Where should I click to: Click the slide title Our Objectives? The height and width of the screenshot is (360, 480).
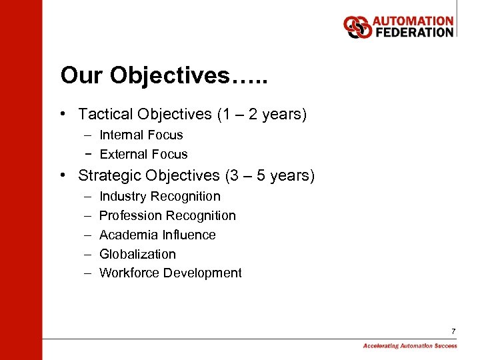point(164,76)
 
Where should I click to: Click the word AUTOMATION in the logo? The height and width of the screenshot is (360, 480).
point(413,22)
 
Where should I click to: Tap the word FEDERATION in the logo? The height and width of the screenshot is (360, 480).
point(413,33)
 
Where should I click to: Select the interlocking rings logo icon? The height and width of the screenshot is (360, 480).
point(358,27)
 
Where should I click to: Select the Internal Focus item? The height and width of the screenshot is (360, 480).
point(141,135)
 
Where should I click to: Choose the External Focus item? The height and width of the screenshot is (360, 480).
point(143,155)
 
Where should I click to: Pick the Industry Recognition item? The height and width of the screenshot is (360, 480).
point(159,197)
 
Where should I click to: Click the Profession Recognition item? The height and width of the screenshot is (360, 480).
point(167,216)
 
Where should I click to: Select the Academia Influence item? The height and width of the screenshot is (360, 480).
point(157,235)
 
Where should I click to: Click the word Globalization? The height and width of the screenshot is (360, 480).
point(137,255)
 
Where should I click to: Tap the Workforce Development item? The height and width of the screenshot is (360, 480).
point(170,273)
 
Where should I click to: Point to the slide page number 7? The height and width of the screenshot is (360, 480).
point(453,331)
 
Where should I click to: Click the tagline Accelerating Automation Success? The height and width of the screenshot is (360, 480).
point(410,346)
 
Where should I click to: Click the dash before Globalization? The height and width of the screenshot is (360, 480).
point(88,255)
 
